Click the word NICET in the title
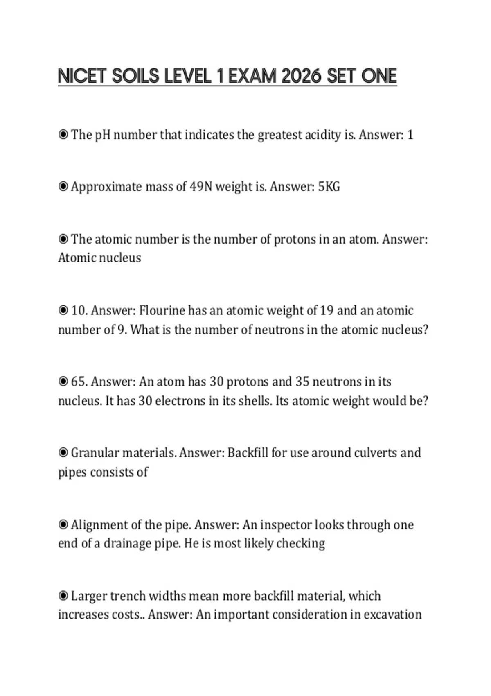click(82, 76)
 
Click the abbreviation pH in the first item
click(103, 135)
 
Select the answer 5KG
click(329, 187)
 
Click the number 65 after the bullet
click(79, 382)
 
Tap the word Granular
click(95, 453)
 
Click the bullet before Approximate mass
click(63, 187)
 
